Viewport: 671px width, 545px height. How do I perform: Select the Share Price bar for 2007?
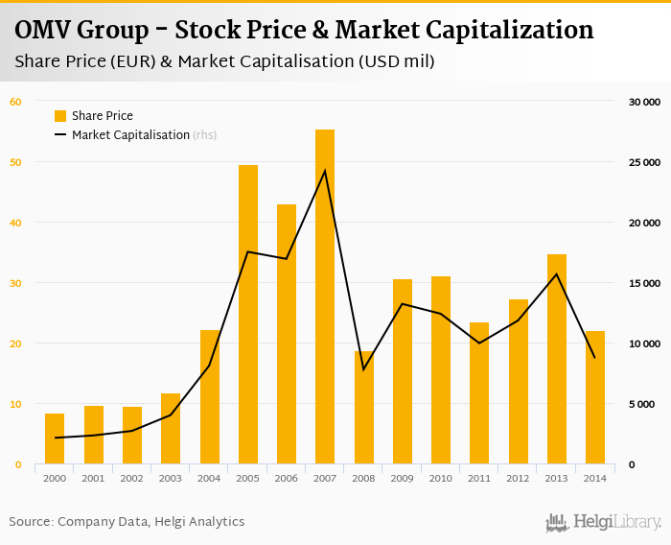[325, 297]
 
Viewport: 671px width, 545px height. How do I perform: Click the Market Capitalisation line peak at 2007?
[325, 171]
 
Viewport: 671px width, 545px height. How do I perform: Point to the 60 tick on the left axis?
[15, 102]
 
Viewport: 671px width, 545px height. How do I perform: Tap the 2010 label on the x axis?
[441, 478]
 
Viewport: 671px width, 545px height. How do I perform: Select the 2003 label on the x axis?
[171, 478]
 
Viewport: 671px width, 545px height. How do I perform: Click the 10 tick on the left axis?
[15, 404]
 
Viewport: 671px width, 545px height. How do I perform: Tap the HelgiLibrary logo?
[604, 523]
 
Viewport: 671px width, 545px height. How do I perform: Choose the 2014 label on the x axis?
[595, 478]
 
